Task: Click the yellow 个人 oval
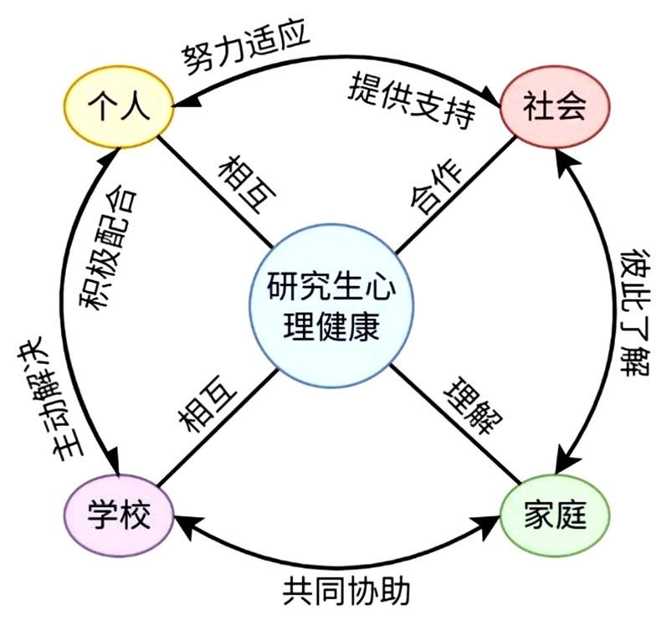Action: [x=119, y=110]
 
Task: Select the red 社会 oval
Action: [x=553, y=109]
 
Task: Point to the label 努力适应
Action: [x=246, y=48]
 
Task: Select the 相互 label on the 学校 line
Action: [x=208, y=403]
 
